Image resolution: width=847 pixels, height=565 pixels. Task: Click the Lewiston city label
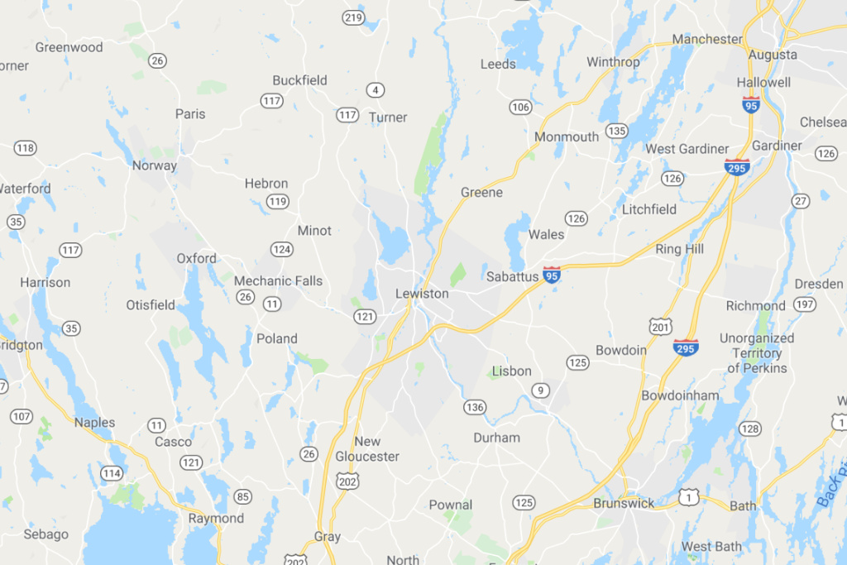[422, 294]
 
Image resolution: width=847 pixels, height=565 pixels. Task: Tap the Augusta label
[773, 55]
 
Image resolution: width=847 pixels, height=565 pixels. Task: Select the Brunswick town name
[624, 503]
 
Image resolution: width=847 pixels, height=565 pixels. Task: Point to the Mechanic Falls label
[278, 280]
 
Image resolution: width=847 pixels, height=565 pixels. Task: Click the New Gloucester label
[367, 449]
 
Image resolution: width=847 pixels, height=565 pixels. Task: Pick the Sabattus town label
[512, 276]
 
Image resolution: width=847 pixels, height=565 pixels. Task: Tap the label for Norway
[155, 165]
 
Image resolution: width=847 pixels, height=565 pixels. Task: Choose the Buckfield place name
[300, 80]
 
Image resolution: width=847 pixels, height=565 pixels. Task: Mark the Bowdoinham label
[680, 395]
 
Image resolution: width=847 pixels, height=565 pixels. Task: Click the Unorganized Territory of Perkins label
[757, 353]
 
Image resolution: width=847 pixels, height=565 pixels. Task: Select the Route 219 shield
[353, 17]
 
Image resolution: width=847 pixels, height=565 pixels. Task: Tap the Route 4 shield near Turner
[376, 89]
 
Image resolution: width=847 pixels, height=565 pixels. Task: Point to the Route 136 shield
[475, 406]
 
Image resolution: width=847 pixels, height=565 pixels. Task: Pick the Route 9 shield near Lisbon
[541, 390]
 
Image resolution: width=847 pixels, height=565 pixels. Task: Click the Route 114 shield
[112, 473]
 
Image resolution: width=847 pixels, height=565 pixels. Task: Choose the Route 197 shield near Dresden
[803, 305]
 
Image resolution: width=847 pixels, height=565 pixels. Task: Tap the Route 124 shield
[282, 249]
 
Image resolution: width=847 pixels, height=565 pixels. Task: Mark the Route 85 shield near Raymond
[242, 496]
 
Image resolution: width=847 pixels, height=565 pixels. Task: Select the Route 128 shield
[749, 428]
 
